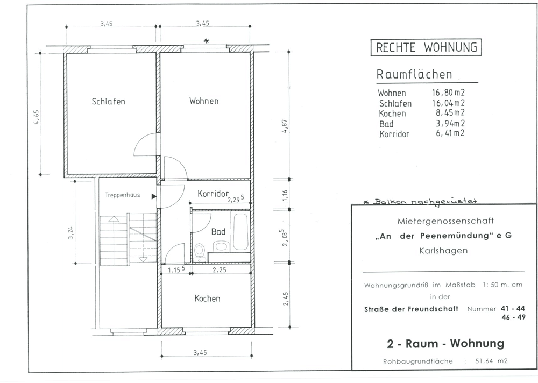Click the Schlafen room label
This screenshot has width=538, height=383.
[x=109, y=102]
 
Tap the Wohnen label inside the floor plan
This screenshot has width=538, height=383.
[x=204, y=101]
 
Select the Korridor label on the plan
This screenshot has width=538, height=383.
[x=213, y=194]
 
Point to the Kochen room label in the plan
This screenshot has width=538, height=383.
[x=207, y=298]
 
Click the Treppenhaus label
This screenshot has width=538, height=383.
[x=123, y=195]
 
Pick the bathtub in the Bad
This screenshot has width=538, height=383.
[x=240, y=232]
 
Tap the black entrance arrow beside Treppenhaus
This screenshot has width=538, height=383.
[x=154, y=196]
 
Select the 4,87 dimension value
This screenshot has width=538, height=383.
[x=285, y=126]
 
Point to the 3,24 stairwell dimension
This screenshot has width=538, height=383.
[x=71, y=232]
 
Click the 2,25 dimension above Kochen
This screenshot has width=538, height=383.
[x=220, y=270]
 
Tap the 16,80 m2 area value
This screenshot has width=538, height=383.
[x=449, y=93]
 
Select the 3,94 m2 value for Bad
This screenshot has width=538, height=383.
[x=450, y=123]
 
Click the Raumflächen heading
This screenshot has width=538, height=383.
[x=414, y=74]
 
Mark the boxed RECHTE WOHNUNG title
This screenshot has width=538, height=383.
[x=426, y=47]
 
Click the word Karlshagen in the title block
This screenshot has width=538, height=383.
[x=443, y=251]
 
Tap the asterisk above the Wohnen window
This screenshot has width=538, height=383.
[x=206, y=41]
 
